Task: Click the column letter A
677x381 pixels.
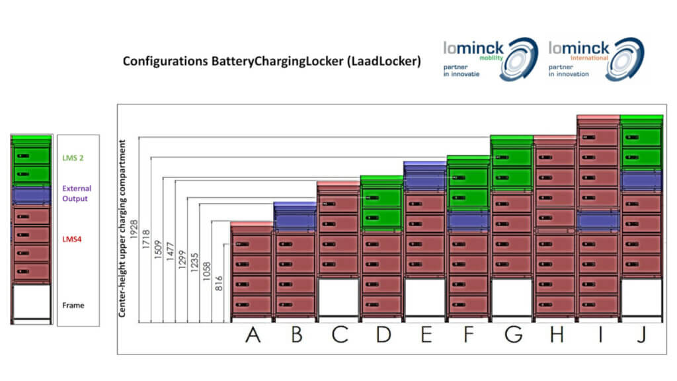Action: (x=253, y=335)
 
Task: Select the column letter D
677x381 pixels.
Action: (x=383, y=335)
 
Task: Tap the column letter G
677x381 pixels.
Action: (x=513, y=335)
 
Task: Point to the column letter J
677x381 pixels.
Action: (x=641, y=335)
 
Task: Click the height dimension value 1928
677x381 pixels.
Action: (x=134, y=230)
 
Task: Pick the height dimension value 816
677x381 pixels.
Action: (x=219, y=283)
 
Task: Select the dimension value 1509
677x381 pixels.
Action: (x=158, y=249)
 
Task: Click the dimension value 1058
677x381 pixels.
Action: (x=207, y=271)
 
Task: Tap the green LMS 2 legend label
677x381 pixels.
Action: (x=73, y=158)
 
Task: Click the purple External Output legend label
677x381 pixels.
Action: (x=77, y=194)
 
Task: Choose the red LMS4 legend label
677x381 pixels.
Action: (x=71, y=239)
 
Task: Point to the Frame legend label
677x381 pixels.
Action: (x=73, y=306)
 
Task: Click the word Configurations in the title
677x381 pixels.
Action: (x=165, y=62)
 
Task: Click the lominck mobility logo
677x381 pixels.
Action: (x=491, y=59)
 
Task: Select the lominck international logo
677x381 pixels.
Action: (x=596, y=59)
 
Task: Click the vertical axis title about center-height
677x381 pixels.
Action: (x=122, y=228)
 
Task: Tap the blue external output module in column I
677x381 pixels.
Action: (x=598, y=221)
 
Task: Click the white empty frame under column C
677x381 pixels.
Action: (x=338, y=297)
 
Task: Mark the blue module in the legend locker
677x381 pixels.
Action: (x=32, y=195)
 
